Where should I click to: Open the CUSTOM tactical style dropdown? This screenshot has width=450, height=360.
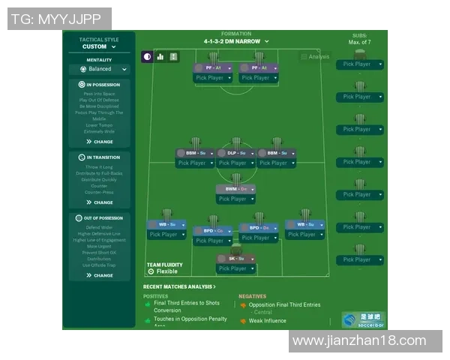[99, 46]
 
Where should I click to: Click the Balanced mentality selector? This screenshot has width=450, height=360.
[99, 69]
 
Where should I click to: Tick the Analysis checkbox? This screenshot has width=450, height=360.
[304, 57]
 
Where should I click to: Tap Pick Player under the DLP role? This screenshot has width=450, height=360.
[232, 163]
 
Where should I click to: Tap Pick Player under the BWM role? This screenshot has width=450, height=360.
[232, 199]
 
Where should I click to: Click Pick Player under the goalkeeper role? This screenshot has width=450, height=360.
[232, 268]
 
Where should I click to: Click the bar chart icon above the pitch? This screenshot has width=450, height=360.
[160, 56]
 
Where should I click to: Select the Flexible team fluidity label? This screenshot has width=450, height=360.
[166, 271]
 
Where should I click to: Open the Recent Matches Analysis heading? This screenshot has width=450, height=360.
[179, 286]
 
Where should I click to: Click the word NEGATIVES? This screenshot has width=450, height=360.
[252, 296]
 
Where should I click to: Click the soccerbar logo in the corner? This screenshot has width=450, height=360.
[364, 319]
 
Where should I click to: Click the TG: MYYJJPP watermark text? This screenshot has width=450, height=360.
[59, 19]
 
